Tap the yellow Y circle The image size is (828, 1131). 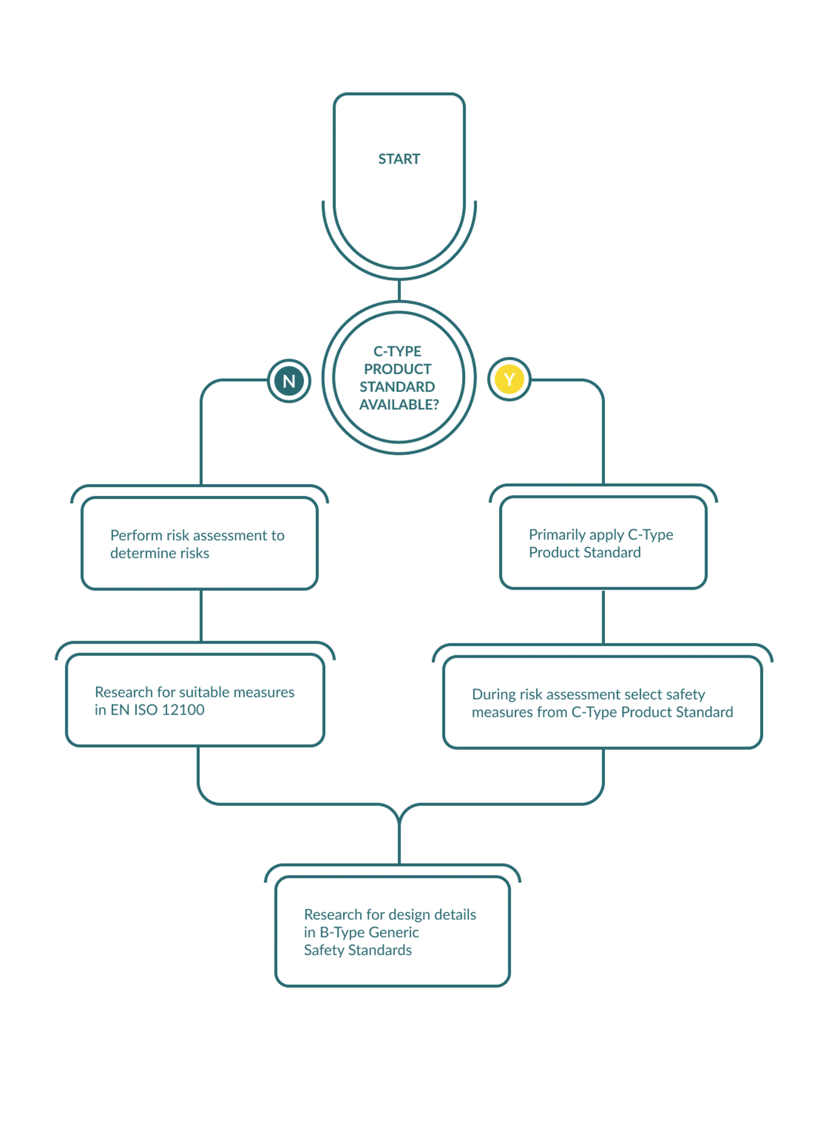click(509, 379)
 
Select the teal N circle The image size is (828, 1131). click(289, 381)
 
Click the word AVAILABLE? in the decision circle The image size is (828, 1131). click(399, 404)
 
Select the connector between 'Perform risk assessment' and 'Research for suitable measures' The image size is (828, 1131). click(201, 616)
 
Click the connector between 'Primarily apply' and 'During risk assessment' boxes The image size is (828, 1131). click(603, 616)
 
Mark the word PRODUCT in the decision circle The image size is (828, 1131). click(397, 369)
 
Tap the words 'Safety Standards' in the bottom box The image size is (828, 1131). click(357, 950)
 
